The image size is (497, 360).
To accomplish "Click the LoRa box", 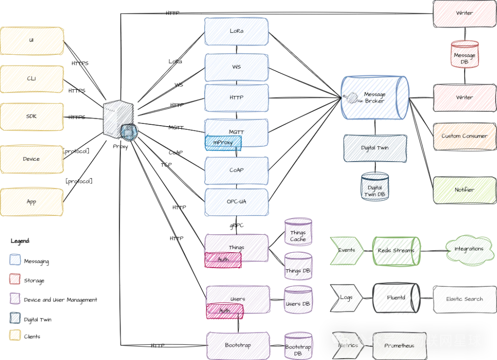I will [236, 31].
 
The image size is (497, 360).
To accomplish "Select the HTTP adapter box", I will [236, 98].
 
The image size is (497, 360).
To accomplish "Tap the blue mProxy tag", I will [223, 143].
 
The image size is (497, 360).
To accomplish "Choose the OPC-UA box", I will [236, 202].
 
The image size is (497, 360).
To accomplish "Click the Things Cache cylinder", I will [298, 232].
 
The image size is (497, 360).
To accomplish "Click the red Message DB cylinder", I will [464, 55].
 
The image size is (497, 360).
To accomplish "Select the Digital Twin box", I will [375, 148].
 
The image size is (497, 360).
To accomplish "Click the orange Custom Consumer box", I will [464, 136].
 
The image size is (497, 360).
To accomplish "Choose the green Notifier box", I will [464, 190].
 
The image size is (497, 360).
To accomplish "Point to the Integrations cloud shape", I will [468, 249].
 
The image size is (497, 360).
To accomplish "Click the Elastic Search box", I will [464, 299].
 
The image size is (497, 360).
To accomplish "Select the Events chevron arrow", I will [347, 250].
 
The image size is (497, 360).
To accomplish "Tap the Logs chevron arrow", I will [347, 298].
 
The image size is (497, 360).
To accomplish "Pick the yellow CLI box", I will [32, 79].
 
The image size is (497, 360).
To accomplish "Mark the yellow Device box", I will [32, 159].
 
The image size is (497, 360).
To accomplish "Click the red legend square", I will [15, 279].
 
